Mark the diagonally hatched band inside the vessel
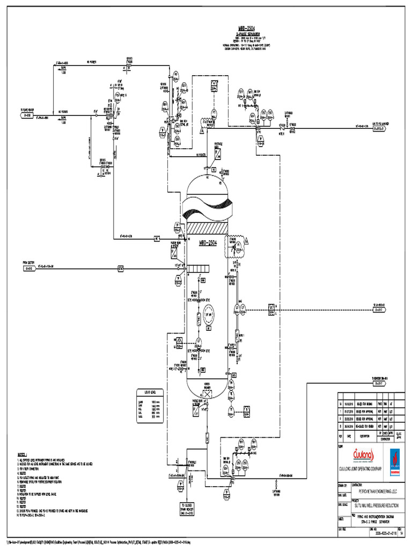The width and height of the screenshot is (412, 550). (208, 228)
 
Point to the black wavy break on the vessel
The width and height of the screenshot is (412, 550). (208, 206)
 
